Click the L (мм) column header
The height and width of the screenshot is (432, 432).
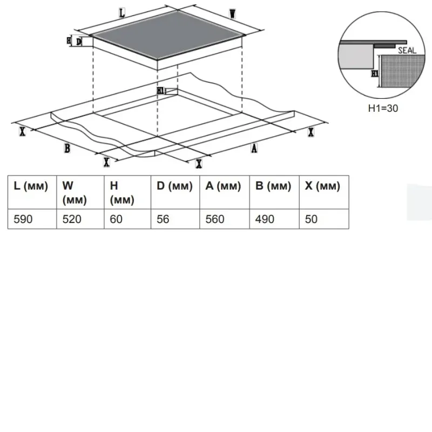31,186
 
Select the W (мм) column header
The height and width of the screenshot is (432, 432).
75,193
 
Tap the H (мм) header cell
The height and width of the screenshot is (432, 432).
122,193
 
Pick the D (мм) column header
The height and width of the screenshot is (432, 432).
174,186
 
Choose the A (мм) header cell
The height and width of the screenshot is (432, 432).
223,186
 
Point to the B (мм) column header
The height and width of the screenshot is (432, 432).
273,186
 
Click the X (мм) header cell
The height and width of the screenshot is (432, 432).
322,186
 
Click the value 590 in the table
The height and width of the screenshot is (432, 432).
23,219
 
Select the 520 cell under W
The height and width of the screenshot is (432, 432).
72,219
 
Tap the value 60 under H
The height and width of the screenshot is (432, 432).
116,219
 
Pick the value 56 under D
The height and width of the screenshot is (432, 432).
163,219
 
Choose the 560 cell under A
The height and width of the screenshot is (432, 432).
215,219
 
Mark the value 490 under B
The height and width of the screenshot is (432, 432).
265,219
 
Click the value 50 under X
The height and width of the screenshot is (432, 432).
311,219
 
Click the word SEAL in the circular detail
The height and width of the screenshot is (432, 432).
407,50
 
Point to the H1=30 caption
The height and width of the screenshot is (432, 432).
383,109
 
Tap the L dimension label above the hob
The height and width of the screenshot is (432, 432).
122,13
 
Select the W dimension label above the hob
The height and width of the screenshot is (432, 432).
233,13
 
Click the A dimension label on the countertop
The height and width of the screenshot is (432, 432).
254,148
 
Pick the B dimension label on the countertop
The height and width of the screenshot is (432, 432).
67,148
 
